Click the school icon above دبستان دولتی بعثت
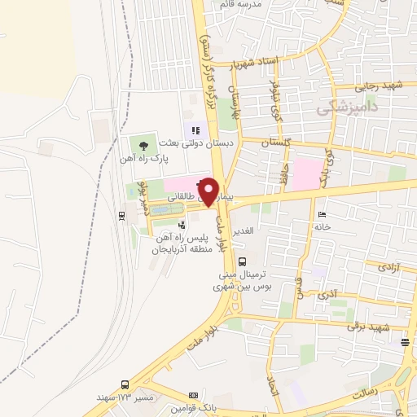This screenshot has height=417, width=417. tap(195, 128)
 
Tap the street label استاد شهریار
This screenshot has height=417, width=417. tap(255, 64)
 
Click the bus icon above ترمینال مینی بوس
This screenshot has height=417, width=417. tap(243, 261)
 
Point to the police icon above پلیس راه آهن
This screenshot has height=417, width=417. tap(182, 225)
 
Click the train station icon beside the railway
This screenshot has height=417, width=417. tap(121, 215)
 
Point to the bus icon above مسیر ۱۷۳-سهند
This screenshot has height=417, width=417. tap(125, 383)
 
